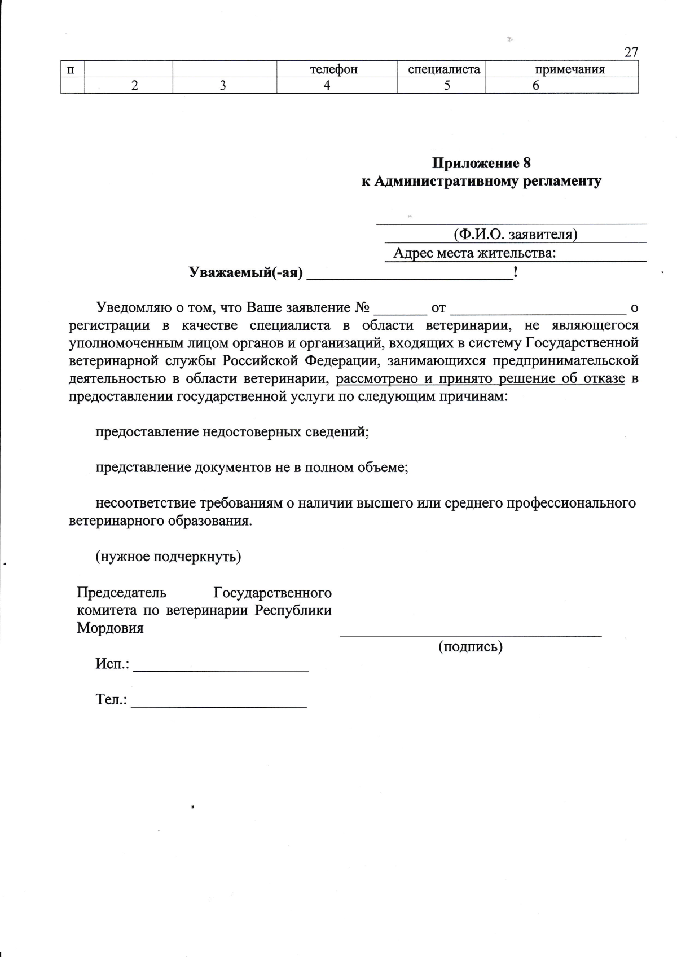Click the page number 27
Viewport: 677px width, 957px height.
[x=631, y=52]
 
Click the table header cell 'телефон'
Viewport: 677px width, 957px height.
[x=333, y=69]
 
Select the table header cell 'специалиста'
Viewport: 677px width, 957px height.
[x=443, y=69]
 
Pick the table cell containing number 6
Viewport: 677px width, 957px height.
[x=535, y=85]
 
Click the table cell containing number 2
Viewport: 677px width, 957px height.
[x=134, y=85]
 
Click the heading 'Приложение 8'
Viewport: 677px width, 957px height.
[x=481, y=164]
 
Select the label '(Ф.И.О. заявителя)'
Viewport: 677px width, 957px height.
[x=515, y=234]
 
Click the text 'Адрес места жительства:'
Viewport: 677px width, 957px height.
[x=474, y=253]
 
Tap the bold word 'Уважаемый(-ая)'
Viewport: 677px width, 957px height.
[x=245, y=273]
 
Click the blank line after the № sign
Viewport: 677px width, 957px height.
[x=401, y=310]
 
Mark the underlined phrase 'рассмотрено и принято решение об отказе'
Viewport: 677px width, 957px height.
[x=480, y=378]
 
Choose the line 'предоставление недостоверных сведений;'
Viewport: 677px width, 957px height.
[x=232, y=432]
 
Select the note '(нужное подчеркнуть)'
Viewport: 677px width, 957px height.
[x=168, y=557]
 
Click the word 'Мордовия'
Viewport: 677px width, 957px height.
[x=110, y=628]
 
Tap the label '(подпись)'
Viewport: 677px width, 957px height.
[x=471, y=646]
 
